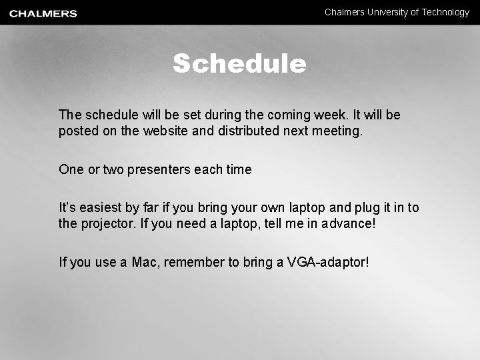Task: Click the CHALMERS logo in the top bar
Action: pos(43,13)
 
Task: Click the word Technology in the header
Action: pos(445,12)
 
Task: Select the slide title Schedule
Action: pos(239,64)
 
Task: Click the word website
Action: pos(165,131)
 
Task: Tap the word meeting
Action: pos(339,131)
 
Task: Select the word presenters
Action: pos(159,170)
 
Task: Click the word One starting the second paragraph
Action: pos(71,169)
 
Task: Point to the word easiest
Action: pos(106,208)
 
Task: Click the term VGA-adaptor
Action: pos(327,262)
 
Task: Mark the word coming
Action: pos(267,116)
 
